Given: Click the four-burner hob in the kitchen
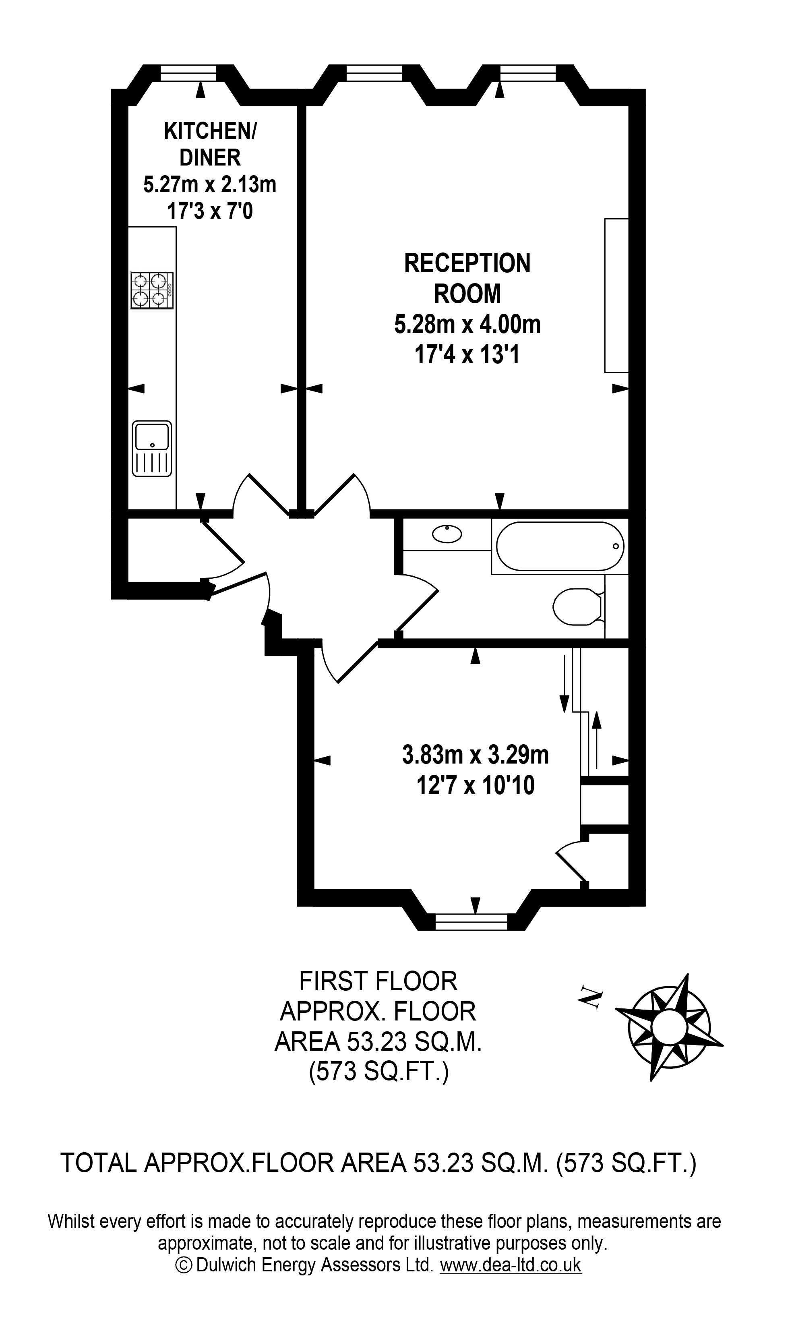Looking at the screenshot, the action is pos(152,290).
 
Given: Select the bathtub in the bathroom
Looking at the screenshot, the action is pos(559,546).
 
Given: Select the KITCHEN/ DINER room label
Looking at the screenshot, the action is pos(210,144).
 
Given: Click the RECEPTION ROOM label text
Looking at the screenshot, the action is pos(467,278).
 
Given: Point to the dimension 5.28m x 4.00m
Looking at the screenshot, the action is pos(467,325).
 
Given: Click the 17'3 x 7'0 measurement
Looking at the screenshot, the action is pos(210,212).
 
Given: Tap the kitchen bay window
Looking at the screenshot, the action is pos(188,73).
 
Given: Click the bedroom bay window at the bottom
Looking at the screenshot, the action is pos(471,922).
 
